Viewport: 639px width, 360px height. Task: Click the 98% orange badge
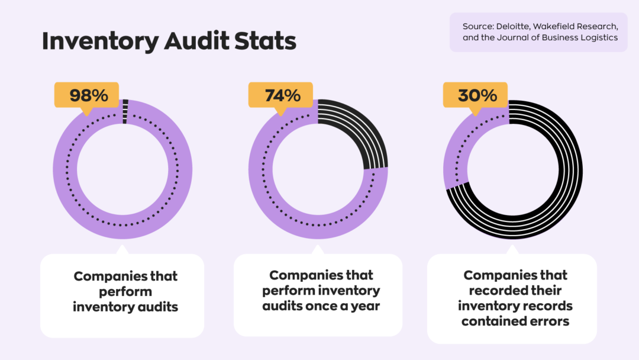tap(86, 95)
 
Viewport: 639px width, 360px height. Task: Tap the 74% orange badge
tap(282, 95)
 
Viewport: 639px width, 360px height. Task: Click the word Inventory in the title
tap(100, 41)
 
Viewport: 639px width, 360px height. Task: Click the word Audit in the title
tap(196, 41)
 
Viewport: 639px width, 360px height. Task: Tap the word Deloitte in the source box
tap(515, 27)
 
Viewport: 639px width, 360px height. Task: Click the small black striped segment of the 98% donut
tap(124, 111)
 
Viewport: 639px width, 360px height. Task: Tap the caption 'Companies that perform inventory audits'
tap(125, 291)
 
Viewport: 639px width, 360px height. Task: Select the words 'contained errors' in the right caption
tap(515, 322)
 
